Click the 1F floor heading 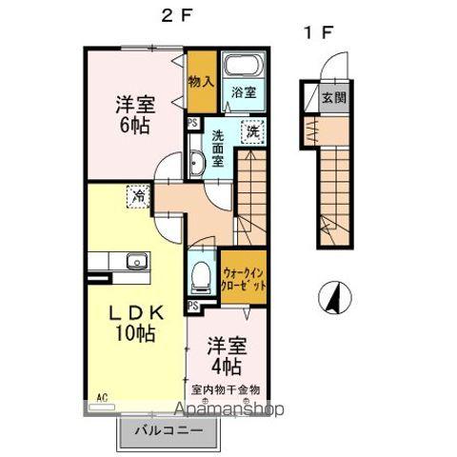click(318, 33)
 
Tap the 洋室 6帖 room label click(133, 113)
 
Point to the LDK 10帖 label click(137, 322)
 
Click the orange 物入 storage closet click(200, 80)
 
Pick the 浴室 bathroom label click(244, 93)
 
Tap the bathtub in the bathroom click(244, 68)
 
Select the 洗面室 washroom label click(219, 149)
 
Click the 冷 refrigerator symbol click(139, 198)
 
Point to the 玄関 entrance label click(333, 97)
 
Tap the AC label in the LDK click(101, 395)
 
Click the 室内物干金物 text click(226, 389)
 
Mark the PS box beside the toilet click(193, 307)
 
